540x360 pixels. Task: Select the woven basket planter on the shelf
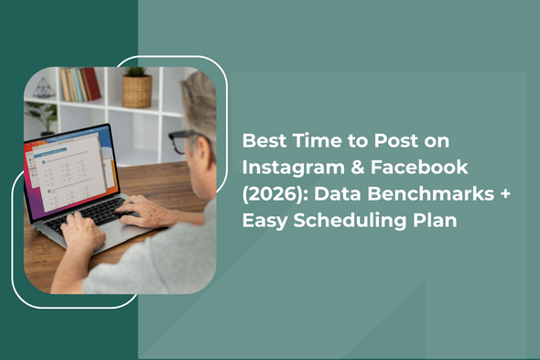[136, 90]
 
